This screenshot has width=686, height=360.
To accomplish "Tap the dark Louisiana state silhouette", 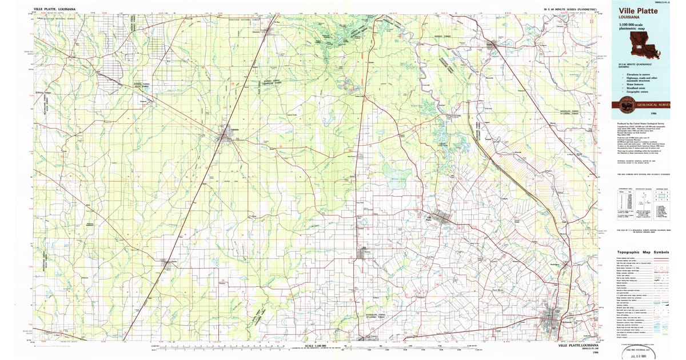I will pyautogui.click(x=644, y=44).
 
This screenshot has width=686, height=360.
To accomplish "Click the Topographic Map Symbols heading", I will pyautogui.click(x=643, y=252).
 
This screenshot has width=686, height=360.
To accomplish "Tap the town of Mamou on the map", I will pyautogui.click(x=364, y=253).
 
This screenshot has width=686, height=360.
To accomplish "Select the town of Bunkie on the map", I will pyautogui.click(x=493, y=44).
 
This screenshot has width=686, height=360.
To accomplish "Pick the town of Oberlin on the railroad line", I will pyautogui.click(x=167, y=263).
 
